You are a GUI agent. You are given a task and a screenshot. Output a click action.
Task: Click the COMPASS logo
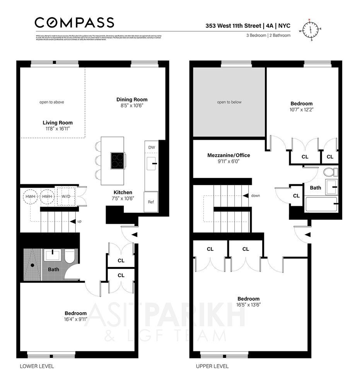[74, 22]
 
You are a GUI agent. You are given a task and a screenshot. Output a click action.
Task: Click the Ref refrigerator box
[151, 202]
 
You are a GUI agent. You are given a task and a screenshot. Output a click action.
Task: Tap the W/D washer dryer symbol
[66, 197]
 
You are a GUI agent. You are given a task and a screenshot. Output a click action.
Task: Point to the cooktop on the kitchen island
[118, 160]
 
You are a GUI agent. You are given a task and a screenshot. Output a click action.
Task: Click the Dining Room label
[132, 99]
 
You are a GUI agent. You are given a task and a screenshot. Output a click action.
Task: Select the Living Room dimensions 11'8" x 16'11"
[58, 128]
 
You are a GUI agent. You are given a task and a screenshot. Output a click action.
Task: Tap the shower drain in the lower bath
[32, 265]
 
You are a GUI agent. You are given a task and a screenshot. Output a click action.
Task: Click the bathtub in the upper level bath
[321, 204]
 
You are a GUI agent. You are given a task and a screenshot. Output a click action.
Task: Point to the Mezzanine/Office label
[229, 155]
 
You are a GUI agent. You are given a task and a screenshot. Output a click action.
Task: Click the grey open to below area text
[229, 102]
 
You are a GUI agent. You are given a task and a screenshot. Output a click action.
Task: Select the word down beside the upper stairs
[255, 195]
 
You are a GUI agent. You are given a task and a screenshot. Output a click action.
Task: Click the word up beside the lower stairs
[79, 221]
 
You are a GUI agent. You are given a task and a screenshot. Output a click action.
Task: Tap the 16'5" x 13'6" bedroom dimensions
[249, 305]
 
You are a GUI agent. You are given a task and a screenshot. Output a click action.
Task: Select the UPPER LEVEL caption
[212, 366]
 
